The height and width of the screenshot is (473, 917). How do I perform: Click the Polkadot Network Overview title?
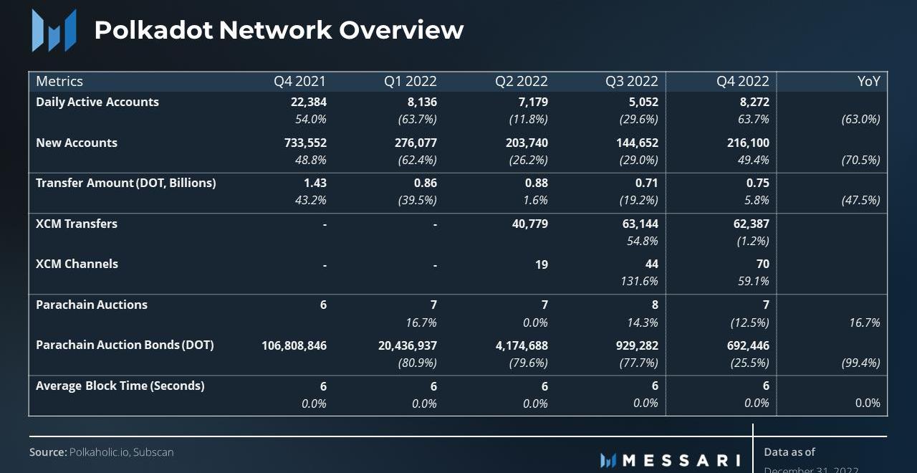pyautogui.click(x=279, y=30)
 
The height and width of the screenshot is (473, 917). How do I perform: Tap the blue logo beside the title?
pyautogui.click(x=54, y=31)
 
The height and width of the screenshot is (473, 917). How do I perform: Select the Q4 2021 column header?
pyautogui.click(x=299, y=81)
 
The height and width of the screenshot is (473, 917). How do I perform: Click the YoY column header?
pyautogui.click(x=868, y=81)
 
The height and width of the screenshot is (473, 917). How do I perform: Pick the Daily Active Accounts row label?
pyautogui.click(x=97, y=102)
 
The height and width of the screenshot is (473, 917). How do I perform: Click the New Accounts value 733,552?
pyautogui.click(x=305, y=143)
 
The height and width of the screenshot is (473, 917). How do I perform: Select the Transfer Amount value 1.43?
pyautogui.click(x=315, y=183)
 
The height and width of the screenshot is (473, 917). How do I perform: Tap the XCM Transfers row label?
pyautogui.click(x=77, y=224)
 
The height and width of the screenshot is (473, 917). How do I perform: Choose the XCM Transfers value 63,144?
pyautogui.click(x=640, y=224)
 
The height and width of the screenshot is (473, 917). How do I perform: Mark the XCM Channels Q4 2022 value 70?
pyautogui.click(x=762, y=264)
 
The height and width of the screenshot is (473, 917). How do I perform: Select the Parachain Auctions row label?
pyautogui.click(x=92, y=305)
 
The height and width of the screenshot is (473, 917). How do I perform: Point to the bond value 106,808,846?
pyautogui.click(x=294, y=345)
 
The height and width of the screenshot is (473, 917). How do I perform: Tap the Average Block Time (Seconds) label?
pyautogui.click(x=120, y=386)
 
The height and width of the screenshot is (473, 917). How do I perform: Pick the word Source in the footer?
pyautogui.click(x=47, y=452)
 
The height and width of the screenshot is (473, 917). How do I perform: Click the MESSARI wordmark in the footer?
pyautogui.click(x=681, y=460)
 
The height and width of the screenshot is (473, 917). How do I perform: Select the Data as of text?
pyautogui.click(x=789, y=452)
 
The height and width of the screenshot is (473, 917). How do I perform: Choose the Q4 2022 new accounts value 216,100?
pyautogui.click(x=748, y=143)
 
